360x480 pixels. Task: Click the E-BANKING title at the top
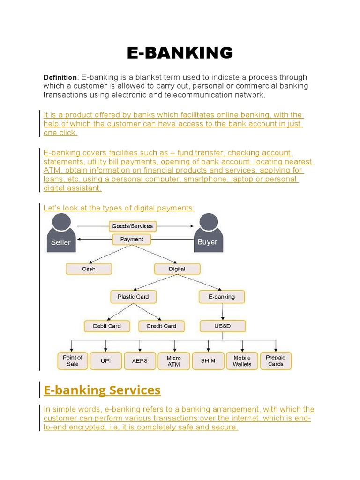click(x=180, y=53)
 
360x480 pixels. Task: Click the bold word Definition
click(x=60, y=77)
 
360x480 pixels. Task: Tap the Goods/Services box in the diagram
click(x=132, y=226)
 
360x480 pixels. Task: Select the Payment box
click(x=132, y=239)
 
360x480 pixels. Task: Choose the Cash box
click(x=89, y=269)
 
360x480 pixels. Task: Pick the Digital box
click(x=177, y=269)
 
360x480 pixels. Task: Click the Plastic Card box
click(x=133, y=297)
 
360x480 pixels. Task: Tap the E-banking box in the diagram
click(x=222, y=297)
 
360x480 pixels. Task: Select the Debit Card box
click(x=107, y=326)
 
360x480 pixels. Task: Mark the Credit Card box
click(x=161, y=326)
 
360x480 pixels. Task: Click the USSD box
click(x=222, y=326)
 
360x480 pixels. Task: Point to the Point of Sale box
click(x=72, y=360)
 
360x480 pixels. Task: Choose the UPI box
click(x=106, y=361)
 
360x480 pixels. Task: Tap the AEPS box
click(x=140, y=361)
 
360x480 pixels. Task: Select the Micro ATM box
click(x=173, y=361)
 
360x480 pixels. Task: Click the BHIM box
click(x=208, y=361)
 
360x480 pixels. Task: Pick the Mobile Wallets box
click(x=242, y=360)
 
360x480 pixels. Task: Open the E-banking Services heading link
click(x=102, y=390)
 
